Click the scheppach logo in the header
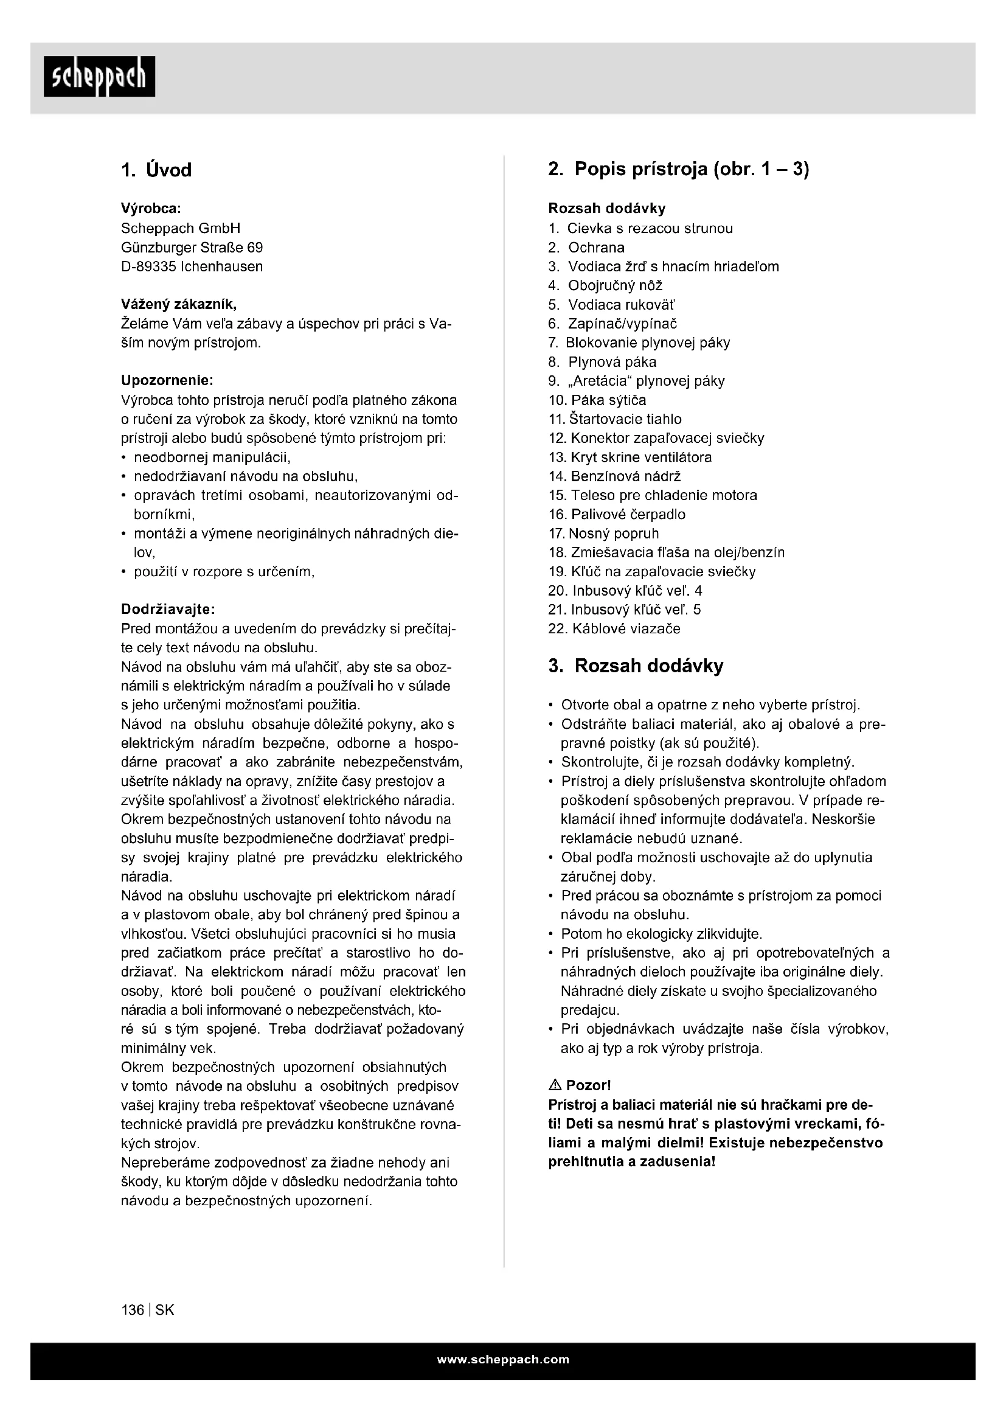point(99,76)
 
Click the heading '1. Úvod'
point(156,170)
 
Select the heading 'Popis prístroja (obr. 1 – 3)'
point(692,169)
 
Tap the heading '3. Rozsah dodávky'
point(636,666)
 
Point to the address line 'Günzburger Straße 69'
point(192,248)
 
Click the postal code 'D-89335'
point(148,267)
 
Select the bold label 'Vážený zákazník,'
point(178,304)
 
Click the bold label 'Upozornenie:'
point(167,380)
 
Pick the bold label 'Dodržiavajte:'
point(168,609)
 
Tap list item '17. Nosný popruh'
point(603,534)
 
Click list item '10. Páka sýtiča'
point(597,400)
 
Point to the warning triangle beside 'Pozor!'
point(555,1085)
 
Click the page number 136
point(133,1310)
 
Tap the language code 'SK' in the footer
point(165,1310)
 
